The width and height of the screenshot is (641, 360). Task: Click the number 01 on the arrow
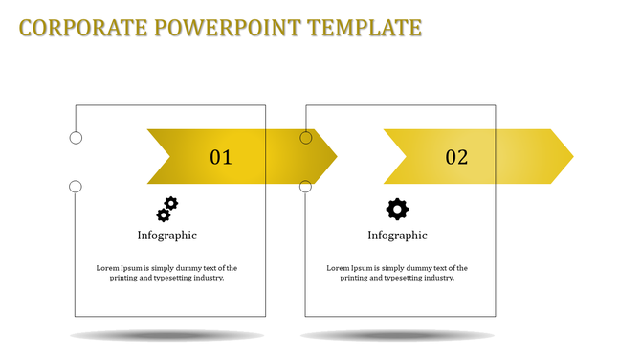tap(221, 157)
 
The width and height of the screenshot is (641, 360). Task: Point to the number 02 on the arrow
tap(456, 157)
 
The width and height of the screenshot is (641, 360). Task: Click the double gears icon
tap(167, 209)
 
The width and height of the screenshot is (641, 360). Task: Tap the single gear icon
tap(397, 209)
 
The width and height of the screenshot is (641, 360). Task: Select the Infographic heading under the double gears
tap(167, 236)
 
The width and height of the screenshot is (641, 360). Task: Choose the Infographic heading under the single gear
tap(397, 236)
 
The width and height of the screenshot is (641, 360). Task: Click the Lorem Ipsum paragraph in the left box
tap(167, 273)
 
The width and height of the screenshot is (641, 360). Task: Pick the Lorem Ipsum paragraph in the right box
tap(397, 273)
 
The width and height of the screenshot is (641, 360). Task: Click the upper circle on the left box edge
tap(76, 138)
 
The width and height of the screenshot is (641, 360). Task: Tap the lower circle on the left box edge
tap(76, 187)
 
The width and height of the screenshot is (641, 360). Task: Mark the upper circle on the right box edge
tap(306, 138)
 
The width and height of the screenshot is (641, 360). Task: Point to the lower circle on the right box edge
tap(306, 187)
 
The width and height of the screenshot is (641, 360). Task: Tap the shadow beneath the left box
tap(167, 336)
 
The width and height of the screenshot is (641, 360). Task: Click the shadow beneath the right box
tap(397, 336)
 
